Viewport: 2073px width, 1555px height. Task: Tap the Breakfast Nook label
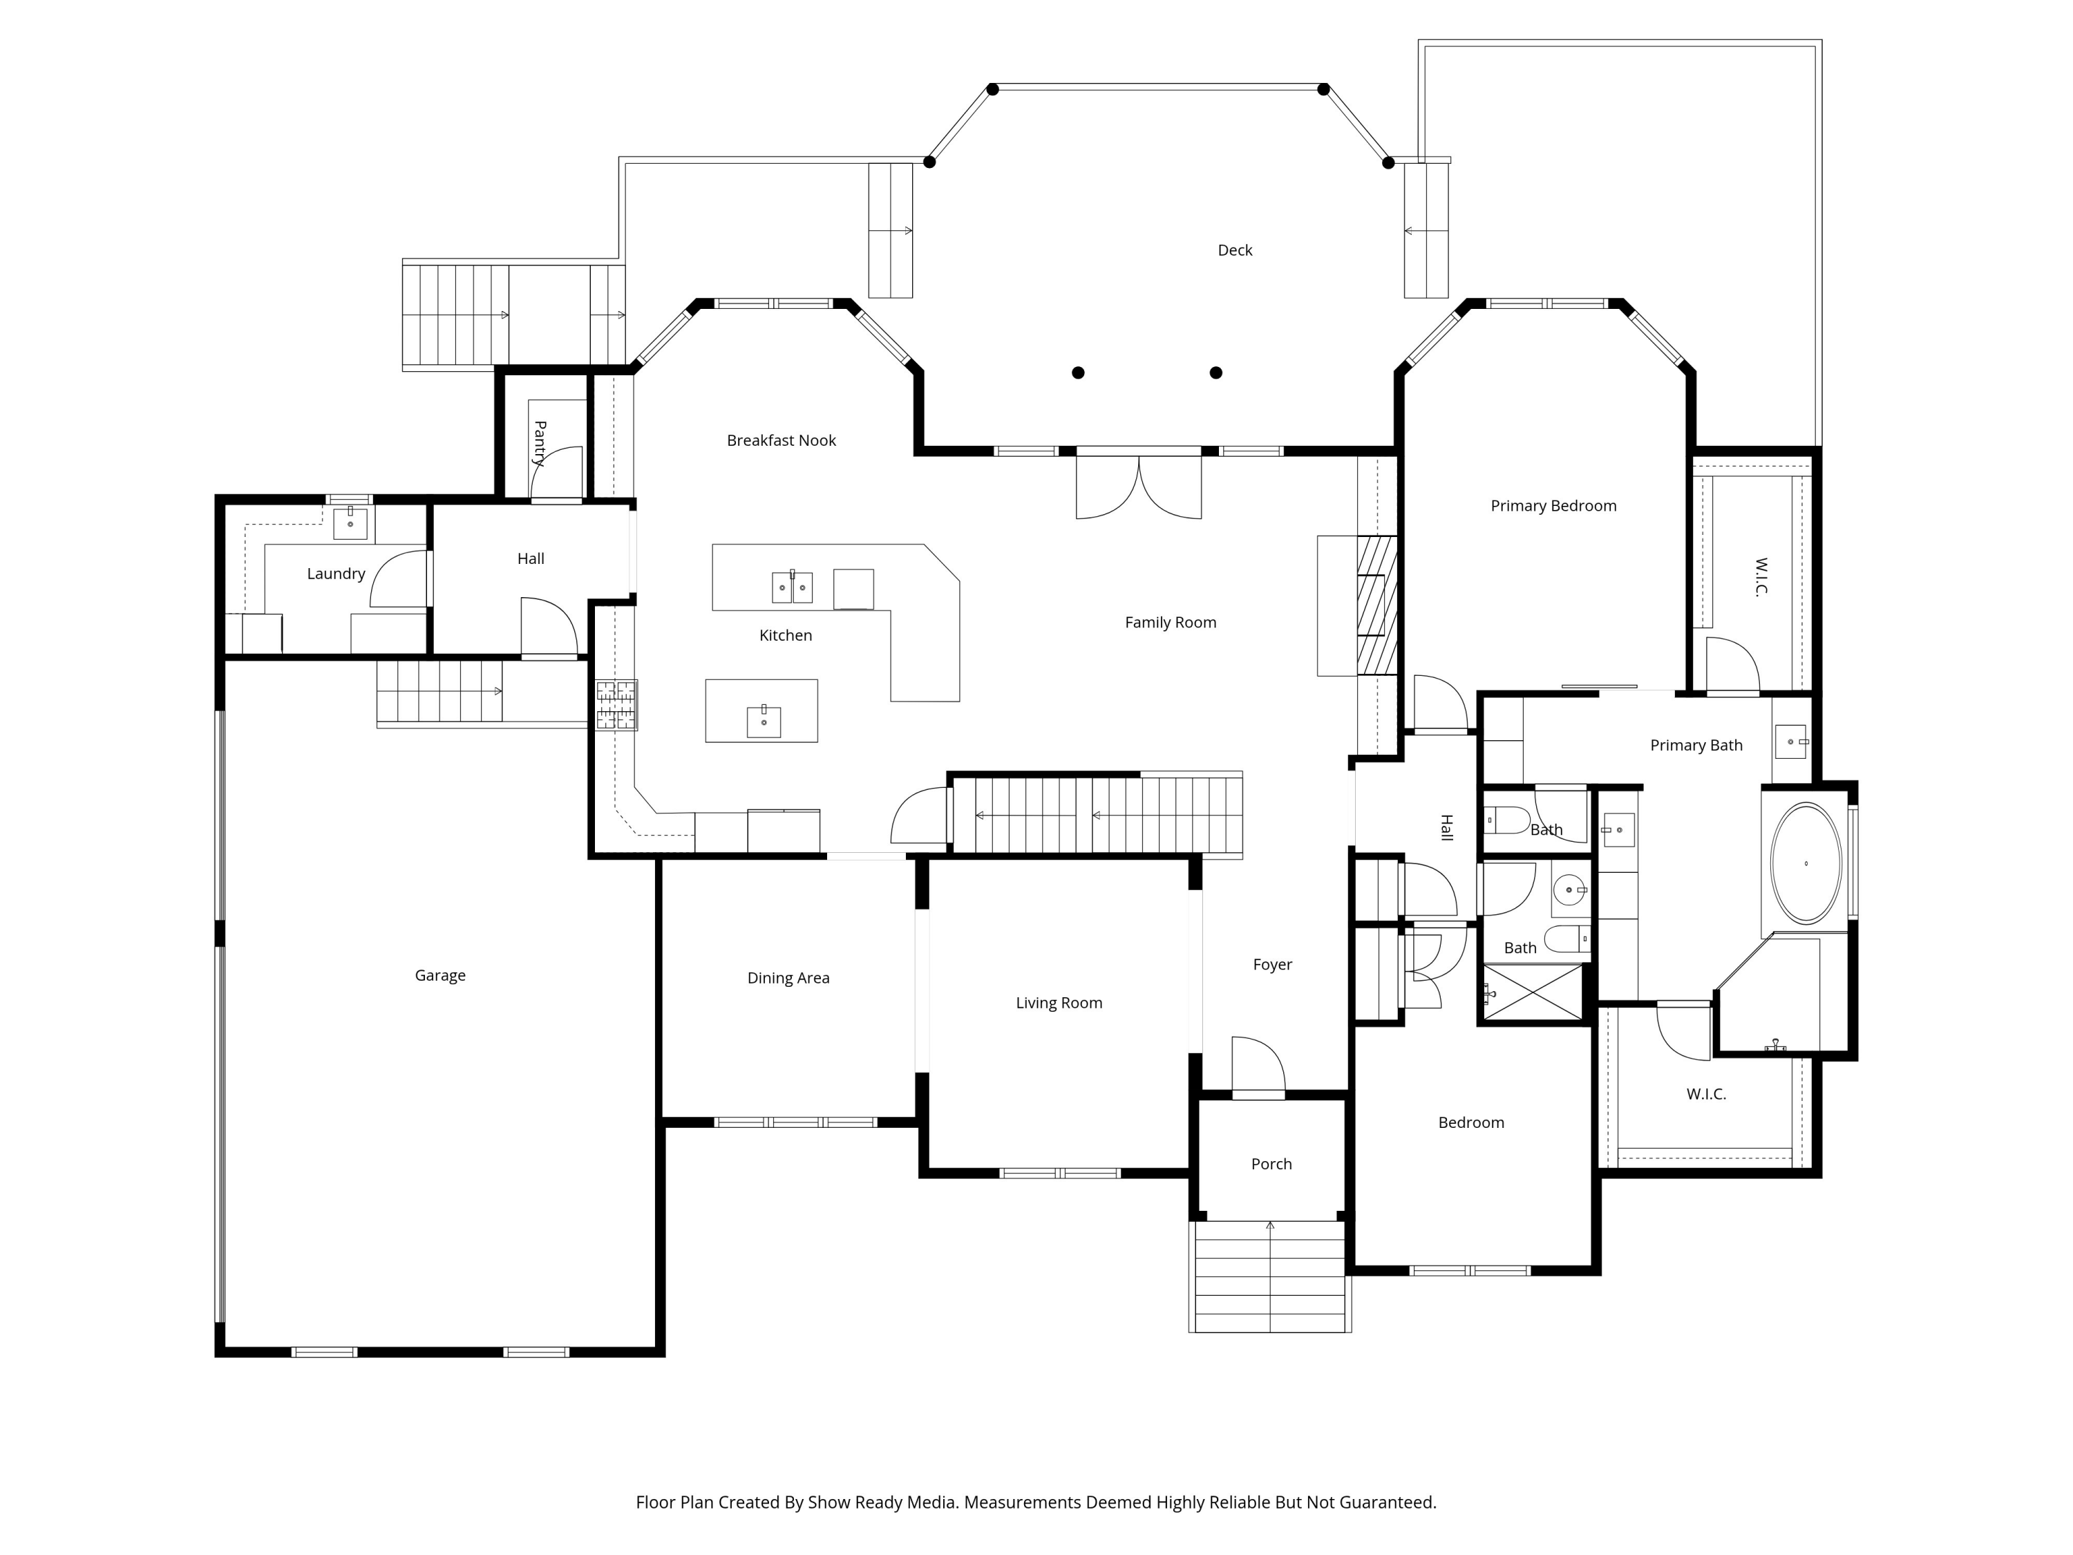(781, 440)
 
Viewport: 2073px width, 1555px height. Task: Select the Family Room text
(1171, 623)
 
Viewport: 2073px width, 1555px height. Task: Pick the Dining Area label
(788, 978)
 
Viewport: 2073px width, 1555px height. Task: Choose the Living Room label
(1059, 1003)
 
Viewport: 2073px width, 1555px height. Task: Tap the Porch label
(1271, 1164)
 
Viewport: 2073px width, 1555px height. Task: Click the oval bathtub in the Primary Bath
(1805, 863)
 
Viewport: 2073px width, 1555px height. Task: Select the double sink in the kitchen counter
(792, 587)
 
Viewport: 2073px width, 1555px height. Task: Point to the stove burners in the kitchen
(616, 706)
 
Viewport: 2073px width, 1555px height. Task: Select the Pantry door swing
(557, 473)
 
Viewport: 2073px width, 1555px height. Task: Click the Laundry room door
(400, 579)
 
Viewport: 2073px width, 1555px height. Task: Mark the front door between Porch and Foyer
(1258, 1065)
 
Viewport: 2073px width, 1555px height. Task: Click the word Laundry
(336, 574)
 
